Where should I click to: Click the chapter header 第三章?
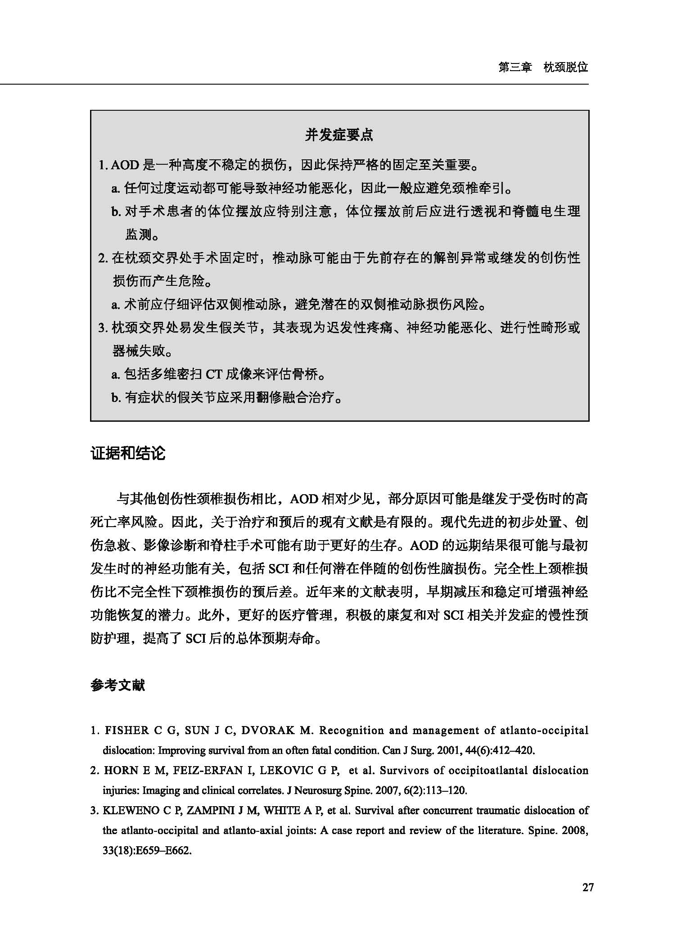click(515, 68)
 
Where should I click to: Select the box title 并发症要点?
click(339, 135)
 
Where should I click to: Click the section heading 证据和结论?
click(128, 453)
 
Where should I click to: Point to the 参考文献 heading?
click(117, 686)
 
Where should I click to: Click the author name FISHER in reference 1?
click(126, 731)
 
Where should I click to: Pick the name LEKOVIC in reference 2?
click(287, 770)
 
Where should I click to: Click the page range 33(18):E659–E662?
click(147, 851)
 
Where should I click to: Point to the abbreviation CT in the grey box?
click(213, 374)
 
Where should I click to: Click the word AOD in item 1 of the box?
click(124, 165)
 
